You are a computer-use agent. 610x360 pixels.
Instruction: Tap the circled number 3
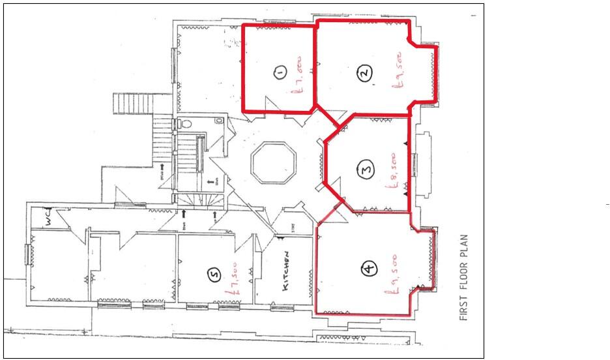[366, 171]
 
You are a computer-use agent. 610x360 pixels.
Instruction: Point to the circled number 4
[369, 268]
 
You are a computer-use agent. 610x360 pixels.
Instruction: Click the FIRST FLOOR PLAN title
[464, 277]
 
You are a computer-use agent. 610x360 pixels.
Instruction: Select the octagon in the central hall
[274, 163]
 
